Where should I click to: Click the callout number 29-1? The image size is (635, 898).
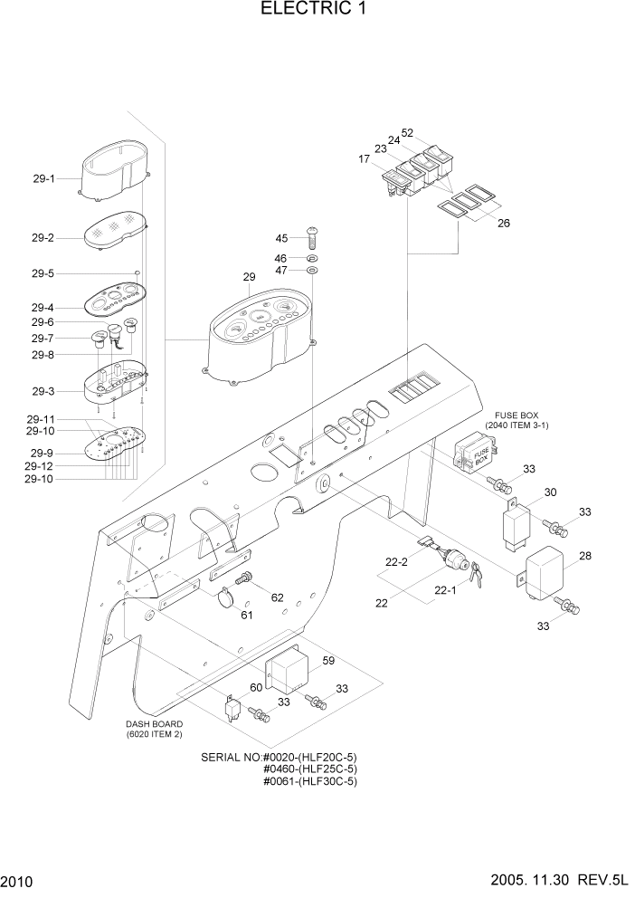[43, 179]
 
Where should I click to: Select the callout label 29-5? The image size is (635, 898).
[43, 273]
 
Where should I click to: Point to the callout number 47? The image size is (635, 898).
[281, 271]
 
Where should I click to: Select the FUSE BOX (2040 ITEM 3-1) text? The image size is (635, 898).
[517, 419]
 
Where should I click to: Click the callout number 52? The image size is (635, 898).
[407, 133]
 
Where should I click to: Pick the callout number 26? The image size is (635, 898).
[504, 223]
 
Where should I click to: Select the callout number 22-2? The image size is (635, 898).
[397, 562]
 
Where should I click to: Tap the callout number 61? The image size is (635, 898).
[247, 616]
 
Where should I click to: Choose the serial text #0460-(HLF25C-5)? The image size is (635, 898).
[309, 769]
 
